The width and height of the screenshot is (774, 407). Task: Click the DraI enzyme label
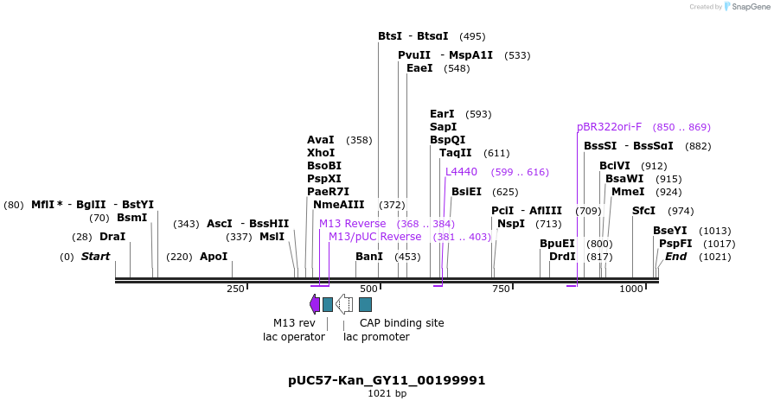coord(112,237)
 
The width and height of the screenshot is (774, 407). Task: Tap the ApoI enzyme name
coord(214,257)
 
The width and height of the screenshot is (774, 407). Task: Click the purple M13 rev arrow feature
coord(315,303)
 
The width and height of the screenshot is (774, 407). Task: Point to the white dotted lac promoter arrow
coord(343,303)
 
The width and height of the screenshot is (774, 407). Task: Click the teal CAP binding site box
coord(365,304)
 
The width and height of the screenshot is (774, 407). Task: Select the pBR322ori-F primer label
coord(609,127)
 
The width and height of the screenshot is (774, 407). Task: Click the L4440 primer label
coord(461,172)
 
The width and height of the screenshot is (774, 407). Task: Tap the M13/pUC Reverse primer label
coord(374,237)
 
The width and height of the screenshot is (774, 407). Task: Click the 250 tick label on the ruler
coord(235,289)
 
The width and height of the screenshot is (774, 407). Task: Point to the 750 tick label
coord(501,289)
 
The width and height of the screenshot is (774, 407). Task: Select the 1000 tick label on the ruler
coord(630,289)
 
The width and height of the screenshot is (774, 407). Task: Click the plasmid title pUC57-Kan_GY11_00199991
coord(387,380)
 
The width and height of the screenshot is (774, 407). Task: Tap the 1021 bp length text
coord(387,394)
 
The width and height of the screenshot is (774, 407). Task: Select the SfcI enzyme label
coord(643,211)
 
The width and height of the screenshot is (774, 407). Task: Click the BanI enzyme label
coord(369,257)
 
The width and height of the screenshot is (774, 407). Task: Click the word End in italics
coord(675,257)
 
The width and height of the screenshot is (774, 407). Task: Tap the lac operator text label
coord(294,337)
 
